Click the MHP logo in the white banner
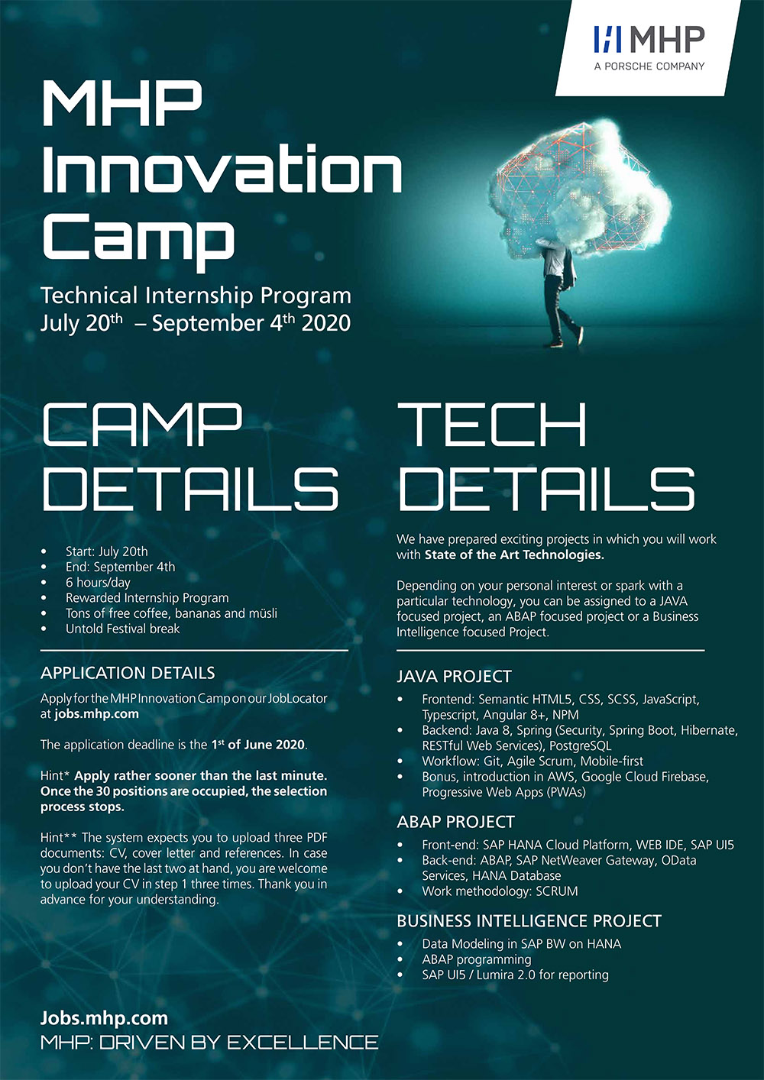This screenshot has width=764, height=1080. click(x=649, y=39)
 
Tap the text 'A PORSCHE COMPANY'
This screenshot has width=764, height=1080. click(x=649, y=66)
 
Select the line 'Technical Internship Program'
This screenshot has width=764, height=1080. click(x=196, y=295)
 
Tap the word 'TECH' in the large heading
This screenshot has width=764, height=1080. click(x=491, y=425)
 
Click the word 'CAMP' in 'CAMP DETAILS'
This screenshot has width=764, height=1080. click(x=142, y=425)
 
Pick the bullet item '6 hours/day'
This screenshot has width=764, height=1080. click(x=98, y=583)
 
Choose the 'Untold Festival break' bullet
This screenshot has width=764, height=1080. click(x=122, y=629)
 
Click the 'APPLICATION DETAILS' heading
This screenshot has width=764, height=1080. click(x=128, y=673)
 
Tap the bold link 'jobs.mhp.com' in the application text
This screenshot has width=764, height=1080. click(x=96, y=714)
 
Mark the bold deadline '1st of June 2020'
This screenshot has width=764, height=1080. click(x=258, y=745)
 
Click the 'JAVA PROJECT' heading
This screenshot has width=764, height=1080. click(x=454, y=677)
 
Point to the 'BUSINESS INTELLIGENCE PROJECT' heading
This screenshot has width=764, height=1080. click(x=529, y=921)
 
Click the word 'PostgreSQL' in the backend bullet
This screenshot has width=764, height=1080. click(x=580, y=746)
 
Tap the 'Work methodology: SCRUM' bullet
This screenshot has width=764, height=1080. click(x=500, y=891)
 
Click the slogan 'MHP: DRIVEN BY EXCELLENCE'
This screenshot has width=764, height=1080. click(x=209, y=1043)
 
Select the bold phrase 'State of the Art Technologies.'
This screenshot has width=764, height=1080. click(x=514, y=555)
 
